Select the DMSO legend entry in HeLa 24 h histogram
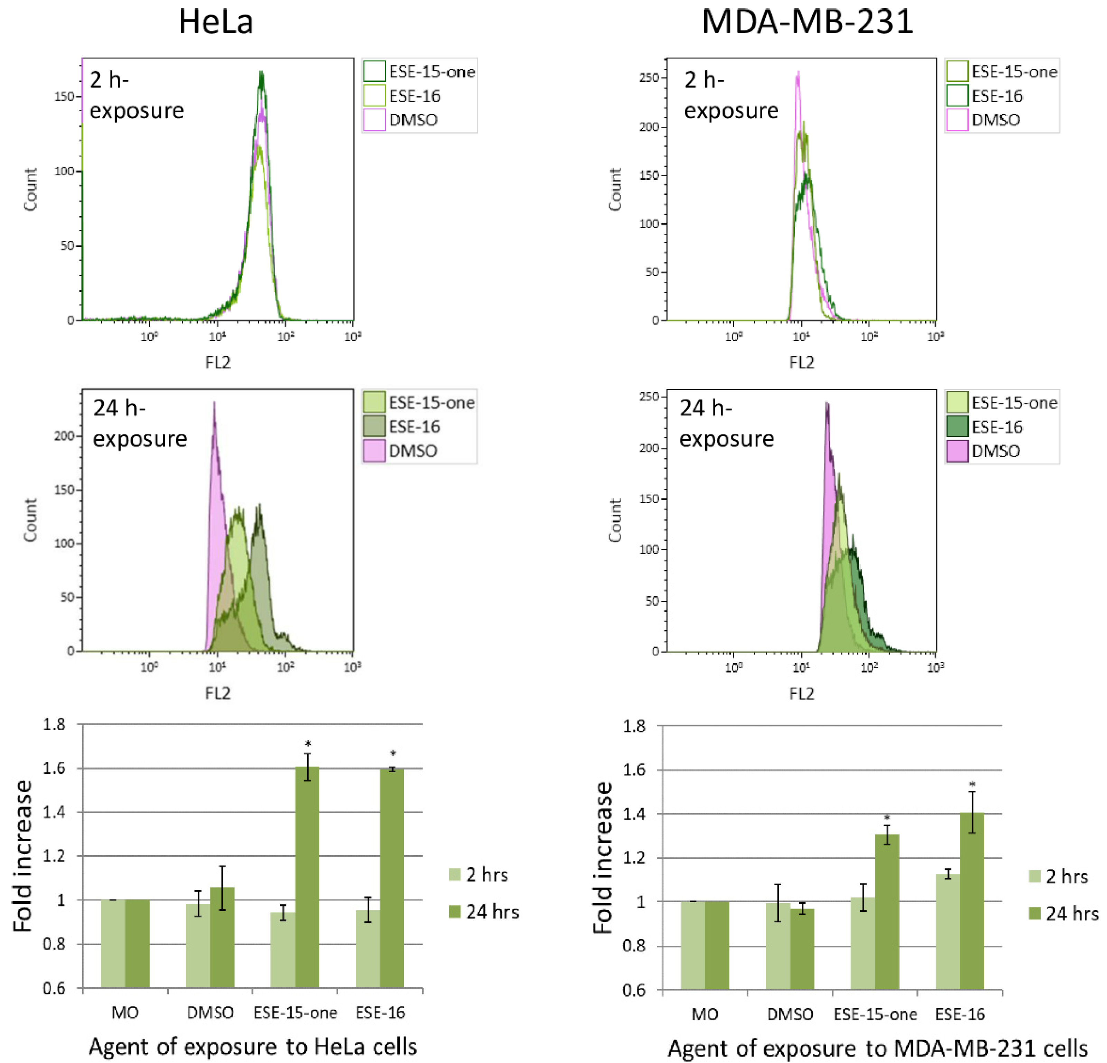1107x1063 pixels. click(412, 451)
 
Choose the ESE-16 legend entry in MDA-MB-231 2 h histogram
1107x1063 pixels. click(996, 96)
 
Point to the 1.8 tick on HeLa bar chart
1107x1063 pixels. click(54, 724)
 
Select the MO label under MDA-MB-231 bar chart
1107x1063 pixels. click(705, 1014)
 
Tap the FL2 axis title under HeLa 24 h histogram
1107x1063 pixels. click(218, 693)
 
